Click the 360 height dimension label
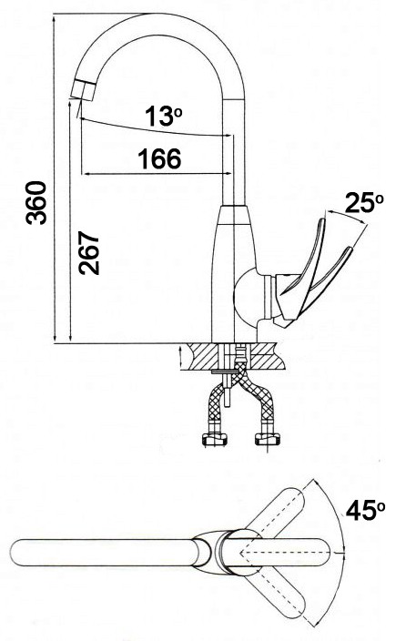(36, 203)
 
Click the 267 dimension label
(89, 253)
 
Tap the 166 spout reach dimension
(159, 158)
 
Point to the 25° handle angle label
(364, 203)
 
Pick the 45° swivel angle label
(365, 511)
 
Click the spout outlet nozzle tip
(83, 90)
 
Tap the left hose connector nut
(214, 440)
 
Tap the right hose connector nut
(268, 440)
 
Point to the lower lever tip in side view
(349, 250)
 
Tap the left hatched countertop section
(203, 357)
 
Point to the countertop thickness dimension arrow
(181, 356)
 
